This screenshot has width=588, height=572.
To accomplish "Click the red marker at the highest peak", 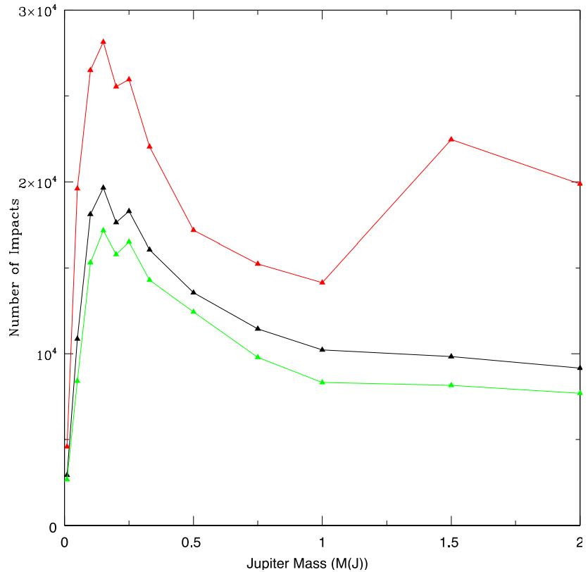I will [x=104, y=42].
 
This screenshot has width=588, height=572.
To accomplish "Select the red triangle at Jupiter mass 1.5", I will [x=451, y=139].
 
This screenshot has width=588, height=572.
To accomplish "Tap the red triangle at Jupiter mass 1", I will [x=323, y=282].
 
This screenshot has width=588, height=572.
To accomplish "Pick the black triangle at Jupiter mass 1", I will [x=323, y=349].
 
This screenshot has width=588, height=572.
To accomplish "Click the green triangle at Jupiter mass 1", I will [x=323, y=382].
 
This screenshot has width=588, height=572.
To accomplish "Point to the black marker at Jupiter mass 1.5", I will [x=451, y=356].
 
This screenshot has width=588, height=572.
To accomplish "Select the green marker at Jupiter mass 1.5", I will [x=451, y=385].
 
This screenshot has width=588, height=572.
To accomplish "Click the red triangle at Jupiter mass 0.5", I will [x=194, y=230].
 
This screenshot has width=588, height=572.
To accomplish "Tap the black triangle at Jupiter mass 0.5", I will [x=194, y=292].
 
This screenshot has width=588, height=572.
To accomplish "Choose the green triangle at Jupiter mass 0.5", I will [x=194, y=311].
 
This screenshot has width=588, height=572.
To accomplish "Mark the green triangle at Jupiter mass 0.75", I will [x=258, y=357].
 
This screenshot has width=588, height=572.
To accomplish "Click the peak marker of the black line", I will [x=104, y=187].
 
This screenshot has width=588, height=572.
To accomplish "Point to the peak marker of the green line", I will [x=104, y=230].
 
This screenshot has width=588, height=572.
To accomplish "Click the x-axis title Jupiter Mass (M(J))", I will [x=307, y=564].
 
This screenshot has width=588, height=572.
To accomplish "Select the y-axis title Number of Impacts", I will [x=13, y=268].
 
